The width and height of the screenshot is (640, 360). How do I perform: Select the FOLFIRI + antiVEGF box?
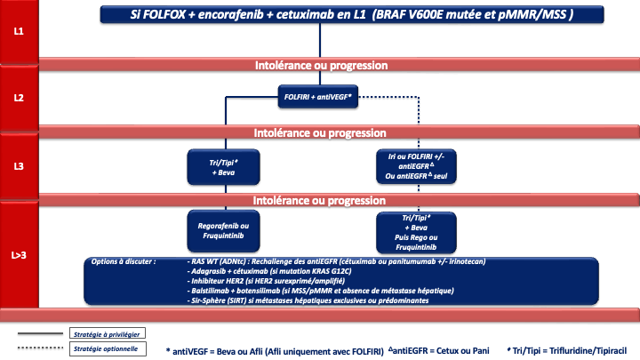click(x=318, y=99)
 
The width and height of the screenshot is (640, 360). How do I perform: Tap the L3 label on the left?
click(x=18, y=164)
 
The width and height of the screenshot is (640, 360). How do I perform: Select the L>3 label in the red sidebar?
click(x=18, y=255)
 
